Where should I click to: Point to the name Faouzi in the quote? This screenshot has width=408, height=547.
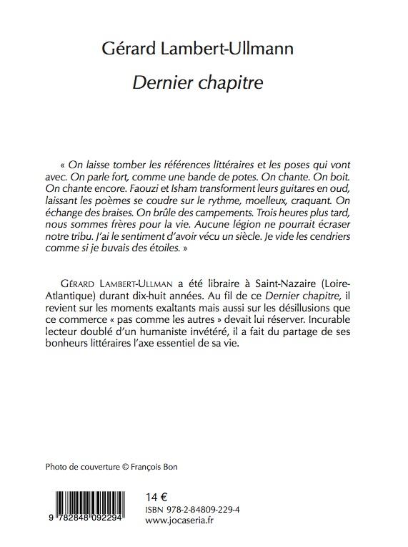152,188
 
